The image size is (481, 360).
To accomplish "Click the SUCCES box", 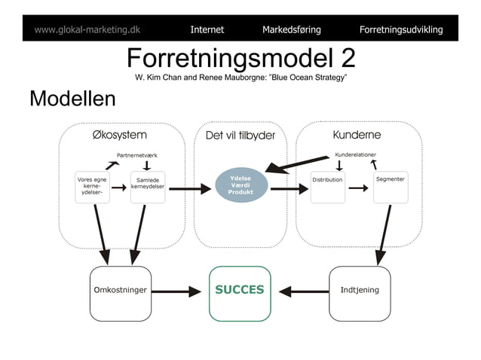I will [240, 290].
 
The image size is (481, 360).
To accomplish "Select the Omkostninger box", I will [120, 290].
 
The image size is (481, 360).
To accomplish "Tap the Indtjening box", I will [360, 290].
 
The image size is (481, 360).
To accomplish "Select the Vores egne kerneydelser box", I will [91, 188].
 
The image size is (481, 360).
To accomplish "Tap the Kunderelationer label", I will [356, 154].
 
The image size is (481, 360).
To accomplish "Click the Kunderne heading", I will [357, 135].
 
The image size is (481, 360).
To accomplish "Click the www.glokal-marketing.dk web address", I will [87, 30].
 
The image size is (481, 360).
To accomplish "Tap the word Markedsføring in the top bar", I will [291, 30].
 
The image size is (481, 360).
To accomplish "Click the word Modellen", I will [72, 99].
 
